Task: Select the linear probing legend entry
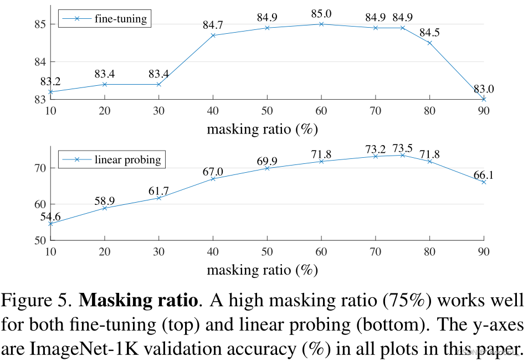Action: click(127, 160)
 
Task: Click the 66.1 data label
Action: click(483, 176)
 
